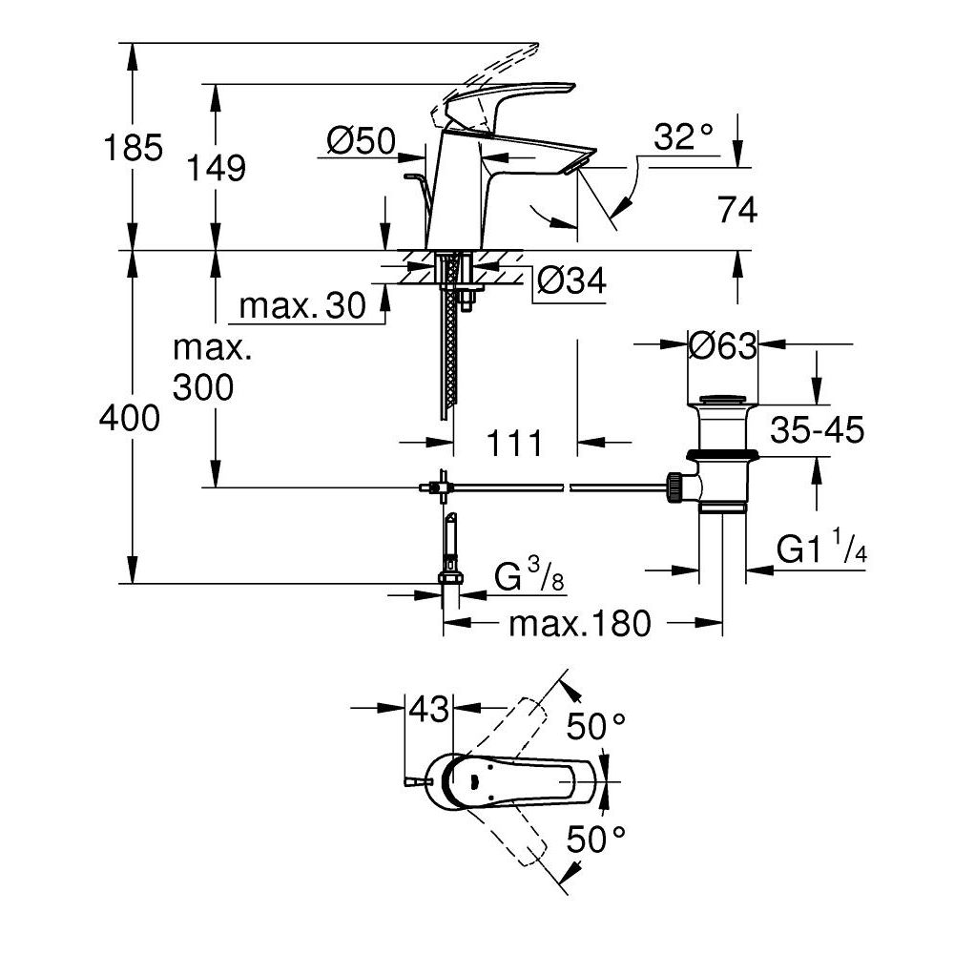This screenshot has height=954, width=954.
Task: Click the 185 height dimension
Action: point(135,148)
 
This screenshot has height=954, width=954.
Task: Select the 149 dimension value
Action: point(216,168)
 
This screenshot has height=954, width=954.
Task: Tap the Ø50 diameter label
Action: point(361,141)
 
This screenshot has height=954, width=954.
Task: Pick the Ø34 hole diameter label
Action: point(570,280)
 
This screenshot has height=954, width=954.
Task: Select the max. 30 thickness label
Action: point(302,306)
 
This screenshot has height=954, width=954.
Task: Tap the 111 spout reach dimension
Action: point(514,443)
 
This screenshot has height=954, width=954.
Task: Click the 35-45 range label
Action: point(818,431)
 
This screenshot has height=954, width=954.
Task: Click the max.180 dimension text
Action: point(579,625)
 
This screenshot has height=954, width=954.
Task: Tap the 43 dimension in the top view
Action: point(428,709)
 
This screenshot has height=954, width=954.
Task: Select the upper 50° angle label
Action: point(597,727)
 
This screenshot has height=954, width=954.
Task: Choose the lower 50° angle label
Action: point(597,840)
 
